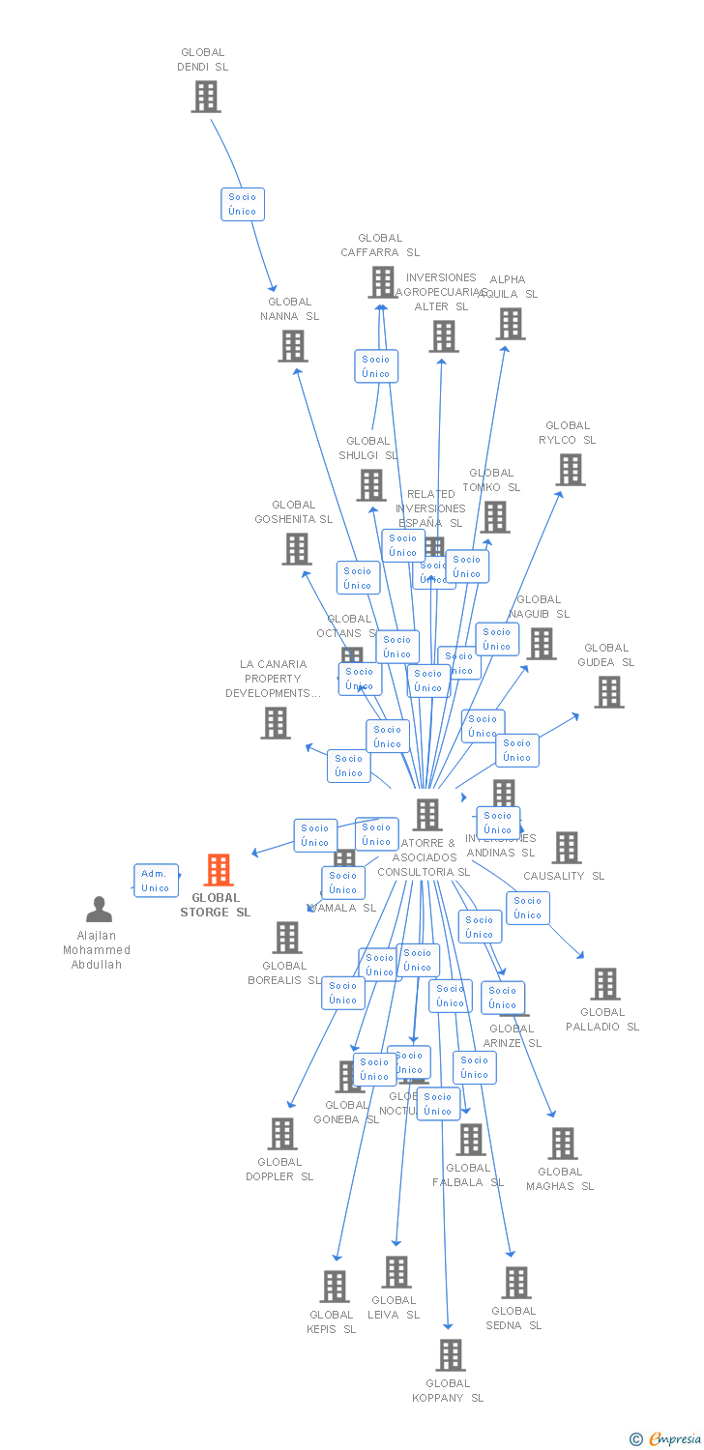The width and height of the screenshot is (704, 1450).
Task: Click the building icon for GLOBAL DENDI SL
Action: tap(205, 97)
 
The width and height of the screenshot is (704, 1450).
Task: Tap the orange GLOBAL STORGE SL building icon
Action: tap(219, 870)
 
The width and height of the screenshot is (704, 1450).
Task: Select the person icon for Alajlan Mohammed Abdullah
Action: tap(99, 910)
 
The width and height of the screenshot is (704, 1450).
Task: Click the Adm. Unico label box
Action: tap(156, 881)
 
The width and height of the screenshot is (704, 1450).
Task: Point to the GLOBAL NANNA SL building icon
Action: tap(292, 346)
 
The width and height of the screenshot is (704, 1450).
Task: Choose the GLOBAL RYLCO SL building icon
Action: tap(570, 470)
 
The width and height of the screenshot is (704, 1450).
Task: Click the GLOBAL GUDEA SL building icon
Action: tap(608, 692)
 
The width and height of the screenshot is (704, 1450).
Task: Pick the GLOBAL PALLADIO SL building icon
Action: tap(604, 984)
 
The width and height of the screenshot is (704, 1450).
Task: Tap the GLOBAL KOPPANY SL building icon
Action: tap(450, 1355)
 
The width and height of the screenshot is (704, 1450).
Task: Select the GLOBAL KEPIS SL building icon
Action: tap(335, 1287)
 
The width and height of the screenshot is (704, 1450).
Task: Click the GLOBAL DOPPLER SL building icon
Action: tap(281, 1134)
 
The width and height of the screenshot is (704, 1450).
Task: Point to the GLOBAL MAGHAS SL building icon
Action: tap(562, 1144)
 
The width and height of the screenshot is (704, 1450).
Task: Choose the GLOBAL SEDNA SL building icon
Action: tap(515, 1283)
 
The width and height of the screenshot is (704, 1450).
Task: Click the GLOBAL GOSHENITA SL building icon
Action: tap(296, 549)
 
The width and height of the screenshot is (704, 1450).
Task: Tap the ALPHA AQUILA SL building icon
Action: tap(510, 324)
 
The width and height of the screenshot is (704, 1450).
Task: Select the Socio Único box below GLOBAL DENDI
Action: tap(243, 204)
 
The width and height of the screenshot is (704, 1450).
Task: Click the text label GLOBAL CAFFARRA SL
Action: tap(380, 246)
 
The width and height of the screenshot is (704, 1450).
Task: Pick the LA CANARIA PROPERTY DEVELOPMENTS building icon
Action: tap(276, 723)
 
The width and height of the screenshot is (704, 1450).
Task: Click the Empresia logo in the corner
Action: tap(667, 1439)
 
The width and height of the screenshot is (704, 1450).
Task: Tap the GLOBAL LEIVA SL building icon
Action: tap(396, 1272)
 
